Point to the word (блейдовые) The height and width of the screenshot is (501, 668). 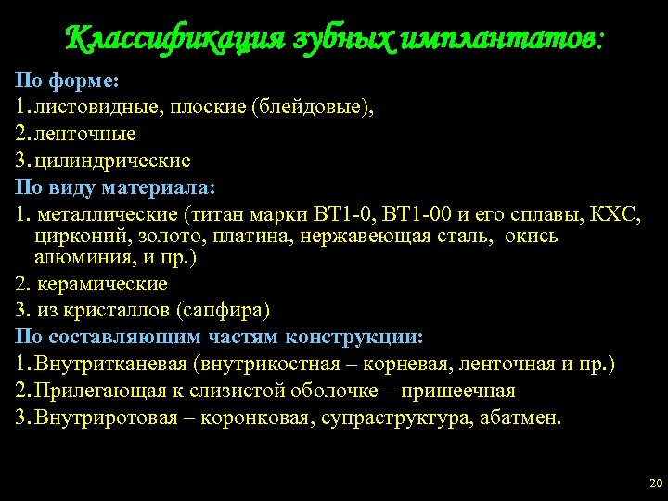313,108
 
